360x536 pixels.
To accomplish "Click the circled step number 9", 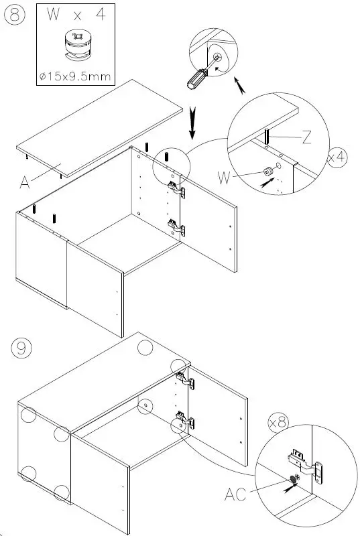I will click(x=21, y=348).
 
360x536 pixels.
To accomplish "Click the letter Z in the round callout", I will click(x=306, y=138).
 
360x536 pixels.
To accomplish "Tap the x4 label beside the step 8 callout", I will click(x=337, y=157).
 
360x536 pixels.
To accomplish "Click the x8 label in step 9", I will click(x=278, y=423).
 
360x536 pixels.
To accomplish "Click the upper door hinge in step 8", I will click(x=176, y=188).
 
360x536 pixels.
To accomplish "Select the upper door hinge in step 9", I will click(x=184, y=379).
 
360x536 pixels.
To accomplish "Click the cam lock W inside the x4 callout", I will click(x=267, y=172).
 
